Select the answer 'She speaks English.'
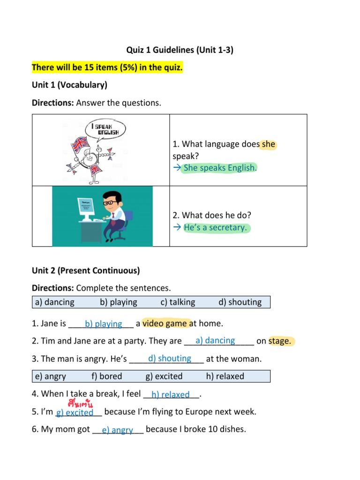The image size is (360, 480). click(220, 168)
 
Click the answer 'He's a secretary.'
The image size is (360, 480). click(215, 228)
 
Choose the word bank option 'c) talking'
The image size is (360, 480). click(178, 302)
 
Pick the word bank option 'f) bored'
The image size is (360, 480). click(107, 376)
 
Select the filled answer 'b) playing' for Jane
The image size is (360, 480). click(103, 324)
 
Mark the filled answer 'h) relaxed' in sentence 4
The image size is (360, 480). click(171, 395)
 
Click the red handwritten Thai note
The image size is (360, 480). click(80, 404)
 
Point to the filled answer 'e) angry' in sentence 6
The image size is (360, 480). click(117, 430)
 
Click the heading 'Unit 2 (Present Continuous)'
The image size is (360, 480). click(86, 270)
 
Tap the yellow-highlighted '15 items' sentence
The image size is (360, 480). click(107, 68)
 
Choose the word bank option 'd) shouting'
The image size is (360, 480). click(240, 302)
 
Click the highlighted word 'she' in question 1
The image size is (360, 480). click(269, 144)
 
